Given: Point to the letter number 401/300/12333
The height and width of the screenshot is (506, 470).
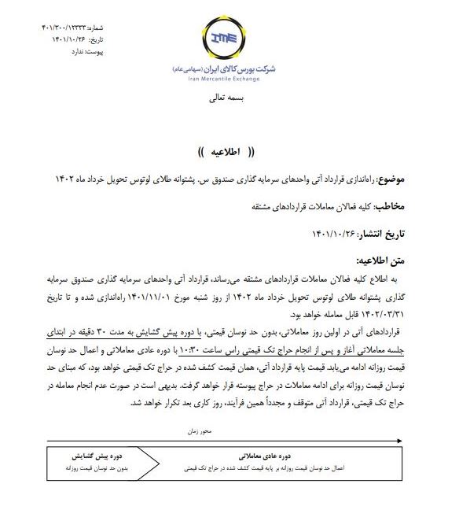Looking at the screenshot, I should click(68, 28).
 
